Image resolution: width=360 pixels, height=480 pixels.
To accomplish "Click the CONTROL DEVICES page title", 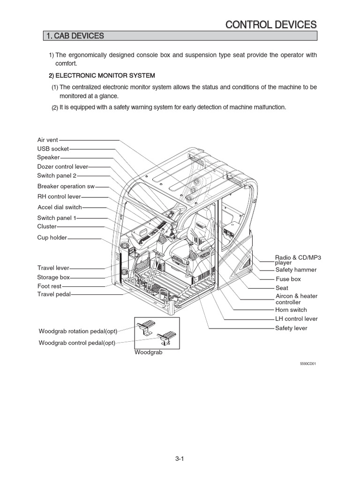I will coord(271,24).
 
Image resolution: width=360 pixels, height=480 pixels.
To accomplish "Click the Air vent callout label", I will coord(48,140).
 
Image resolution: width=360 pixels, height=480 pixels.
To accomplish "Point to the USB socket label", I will coord(53,149).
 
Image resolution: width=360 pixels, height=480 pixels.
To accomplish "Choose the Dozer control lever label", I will coord(62,166).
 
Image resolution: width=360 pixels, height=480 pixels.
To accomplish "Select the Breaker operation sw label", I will coord(66,186).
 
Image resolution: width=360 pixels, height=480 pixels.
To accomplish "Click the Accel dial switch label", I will coord(60,207).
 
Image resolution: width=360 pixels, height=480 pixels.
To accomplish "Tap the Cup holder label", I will coord(52,238).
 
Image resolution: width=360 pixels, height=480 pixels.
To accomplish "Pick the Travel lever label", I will coord(53,268).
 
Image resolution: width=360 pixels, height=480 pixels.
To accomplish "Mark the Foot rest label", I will coord(50,285).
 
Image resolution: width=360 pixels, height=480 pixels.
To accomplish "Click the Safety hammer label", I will coord(296,270).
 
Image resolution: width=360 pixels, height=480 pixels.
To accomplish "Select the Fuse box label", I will coord(288,279).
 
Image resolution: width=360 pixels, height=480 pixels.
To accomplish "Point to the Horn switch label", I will coord(291,310).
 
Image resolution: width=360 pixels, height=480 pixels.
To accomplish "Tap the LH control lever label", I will coord(296,319).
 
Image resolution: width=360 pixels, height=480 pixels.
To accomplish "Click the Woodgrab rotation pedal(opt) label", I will coord(78,331).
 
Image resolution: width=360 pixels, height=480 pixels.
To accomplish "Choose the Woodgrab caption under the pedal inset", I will coord(148,352).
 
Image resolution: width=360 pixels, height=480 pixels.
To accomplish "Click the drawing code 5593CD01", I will coord(308,363).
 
